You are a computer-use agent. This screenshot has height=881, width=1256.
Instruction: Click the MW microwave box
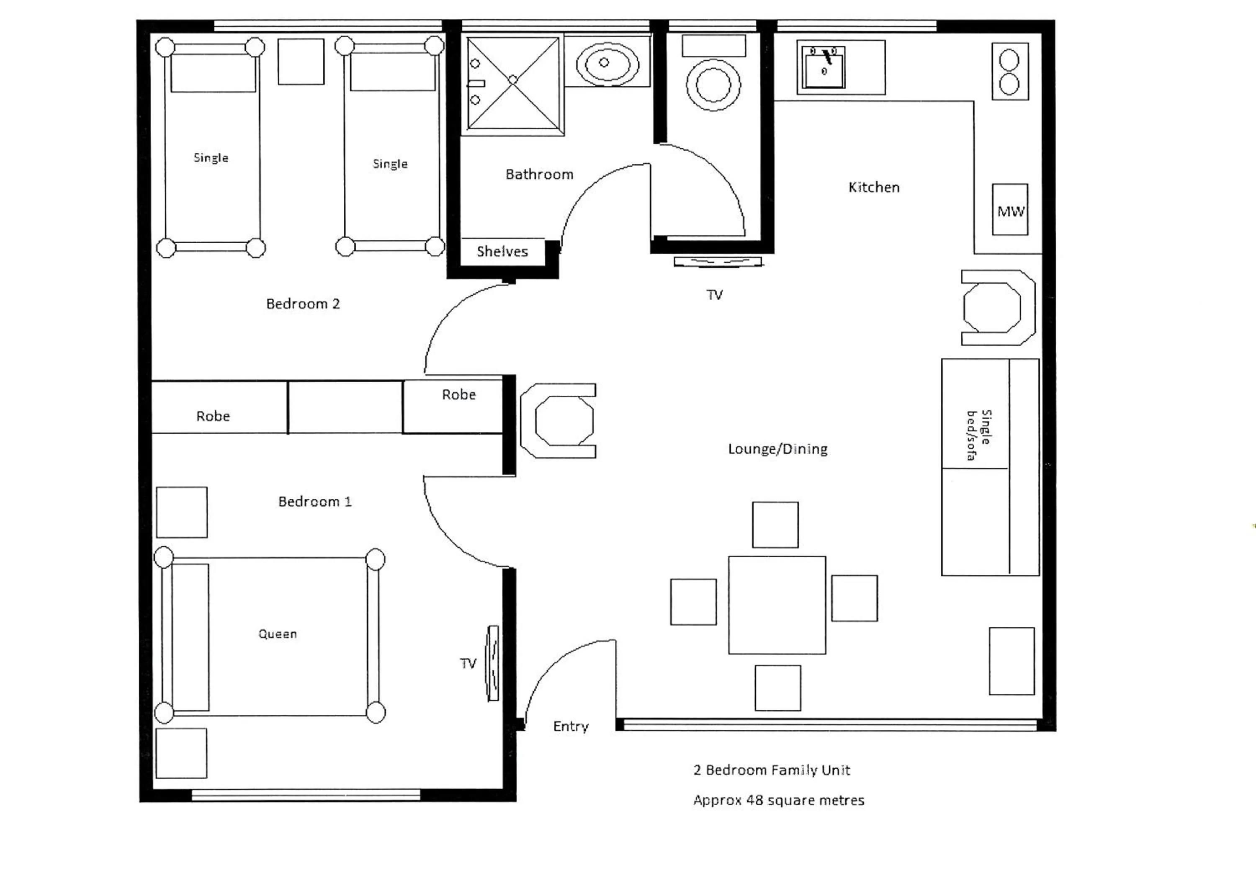point(1010,210)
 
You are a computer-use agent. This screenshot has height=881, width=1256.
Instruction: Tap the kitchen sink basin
point(823,67)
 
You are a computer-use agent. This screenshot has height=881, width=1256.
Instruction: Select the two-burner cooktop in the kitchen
point(1009,72)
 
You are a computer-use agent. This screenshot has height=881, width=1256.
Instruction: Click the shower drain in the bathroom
point(512,80)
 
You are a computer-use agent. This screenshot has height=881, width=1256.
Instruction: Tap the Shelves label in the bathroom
point(502,252)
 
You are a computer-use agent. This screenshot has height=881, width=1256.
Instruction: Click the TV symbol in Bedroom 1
point(493,663)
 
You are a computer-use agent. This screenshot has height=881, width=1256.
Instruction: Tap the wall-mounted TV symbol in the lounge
point(717,262)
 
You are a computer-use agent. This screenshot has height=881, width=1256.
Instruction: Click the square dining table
point(777,605)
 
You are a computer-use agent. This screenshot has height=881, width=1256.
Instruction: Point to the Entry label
point(571,726)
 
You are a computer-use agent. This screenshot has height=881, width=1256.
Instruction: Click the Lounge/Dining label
point(777,449)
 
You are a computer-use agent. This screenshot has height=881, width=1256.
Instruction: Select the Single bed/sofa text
point(978,435)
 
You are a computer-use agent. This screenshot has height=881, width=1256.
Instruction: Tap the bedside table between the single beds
point(301,61)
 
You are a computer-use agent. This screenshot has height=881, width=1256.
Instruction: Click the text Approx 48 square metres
point(778,801)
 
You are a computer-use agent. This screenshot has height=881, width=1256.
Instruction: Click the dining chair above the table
point(775,525)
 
